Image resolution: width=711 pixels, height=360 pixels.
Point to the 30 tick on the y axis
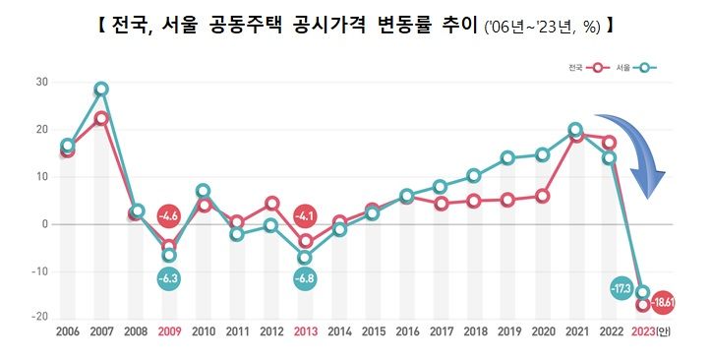click(x=41, y=82)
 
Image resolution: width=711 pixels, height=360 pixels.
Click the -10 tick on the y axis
click(x=39, y=271)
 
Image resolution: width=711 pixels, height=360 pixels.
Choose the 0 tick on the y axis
click(x=44, y=224)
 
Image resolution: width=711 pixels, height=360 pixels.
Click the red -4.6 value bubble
click(x=169, y=215)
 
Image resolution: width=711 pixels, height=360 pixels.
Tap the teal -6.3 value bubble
click(x=169, y=278)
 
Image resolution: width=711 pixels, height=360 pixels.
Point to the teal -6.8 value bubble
click(x=305, y=278)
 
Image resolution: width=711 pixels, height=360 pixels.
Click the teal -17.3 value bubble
click(x=620, y=289)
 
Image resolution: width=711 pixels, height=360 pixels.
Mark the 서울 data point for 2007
click(x=101, y=90)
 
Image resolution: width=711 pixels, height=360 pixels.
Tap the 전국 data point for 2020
click(x=542, y=196)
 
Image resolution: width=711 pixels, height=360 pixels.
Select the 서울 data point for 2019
click(x=507, y=157)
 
